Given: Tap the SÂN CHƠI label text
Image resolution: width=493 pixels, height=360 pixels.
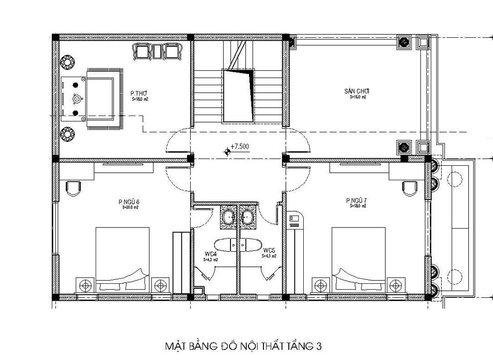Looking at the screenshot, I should click(356, 91).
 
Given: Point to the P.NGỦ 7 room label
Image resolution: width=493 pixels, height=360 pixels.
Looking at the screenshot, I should click(357, 201).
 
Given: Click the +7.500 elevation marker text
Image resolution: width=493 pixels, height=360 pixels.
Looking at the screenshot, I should click(240, 146).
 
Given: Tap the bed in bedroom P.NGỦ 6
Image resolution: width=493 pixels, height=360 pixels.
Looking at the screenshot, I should click(123, 259).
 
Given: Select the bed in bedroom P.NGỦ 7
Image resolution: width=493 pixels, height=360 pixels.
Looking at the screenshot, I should click(359, 259).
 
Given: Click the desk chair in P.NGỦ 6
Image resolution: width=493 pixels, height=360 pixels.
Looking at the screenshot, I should click(73, 188).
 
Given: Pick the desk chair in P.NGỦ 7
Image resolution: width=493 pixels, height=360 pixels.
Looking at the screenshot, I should click(410, 188).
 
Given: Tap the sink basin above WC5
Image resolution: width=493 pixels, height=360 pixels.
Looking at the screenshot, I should click(247, 217).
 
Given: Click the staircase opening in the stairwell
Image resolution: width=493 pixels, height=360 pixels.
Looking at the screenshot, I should click(238, 95).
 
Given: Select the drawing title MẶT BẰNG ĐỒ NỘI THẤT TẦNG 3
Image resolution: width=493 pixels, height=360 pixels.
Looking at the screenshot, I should click(246, 345).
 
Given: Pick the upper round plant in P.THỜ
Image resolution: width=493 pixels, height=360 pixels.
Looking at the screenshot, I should click(67, 63).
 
